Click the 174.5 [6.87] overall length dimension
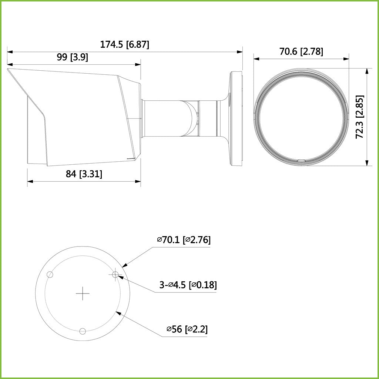click(x=124, y=45)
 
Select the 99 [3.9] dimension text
click(x=72, y=57)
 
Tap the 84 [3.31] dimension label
click(x=84, y=174)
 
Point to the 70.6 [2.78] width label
click(x=301, y=52)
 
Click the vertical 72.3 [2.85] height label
click(x=359, y=117)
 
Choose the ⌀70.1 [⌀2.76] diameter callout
click(x=184, y=240)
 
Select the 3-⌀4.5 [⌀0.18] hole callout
click(x=188, y=285)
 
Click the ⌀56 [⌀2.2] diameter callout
click(x=187, y=329)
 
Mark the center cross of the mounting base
click(x=83, y=294)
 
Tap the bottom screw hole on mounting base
click(x=83, y=331)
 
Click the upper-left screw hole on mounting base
click(x=50, y=275)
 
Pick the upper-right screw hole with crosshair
click(x=115, y=274)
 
